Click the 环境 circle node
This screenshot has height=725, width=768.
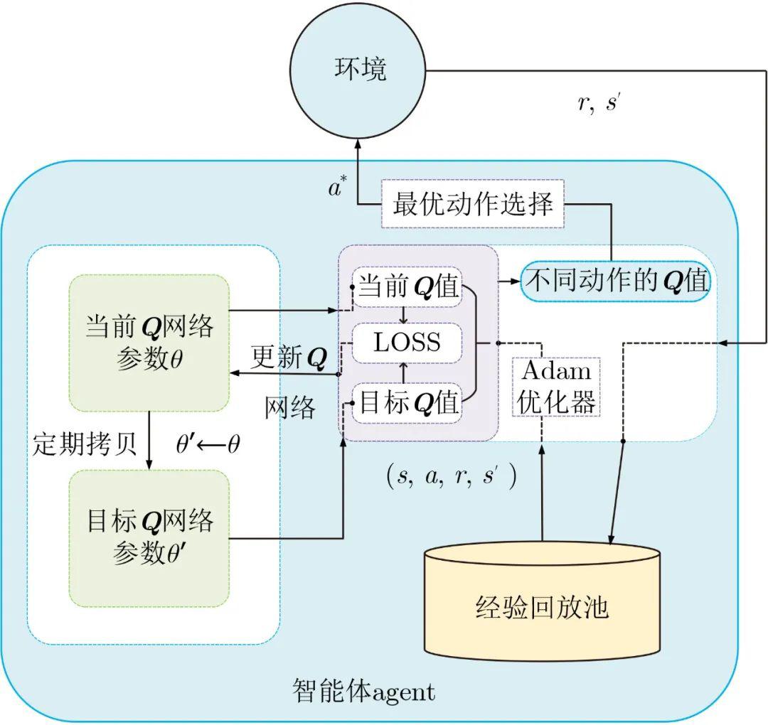[x=361, y=70]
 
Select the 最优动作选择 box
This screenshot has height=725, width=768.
[x=473, y=205]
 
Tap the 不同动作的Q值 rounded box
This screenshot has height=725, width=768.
[x=616, y=281]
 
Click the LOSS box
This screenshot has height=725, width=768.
[x=407, y=343]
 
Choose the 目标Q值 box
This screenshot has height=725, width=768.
[x=407, y=402]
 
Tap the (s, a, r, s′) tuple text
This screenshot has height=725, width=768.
[x=451, y=476]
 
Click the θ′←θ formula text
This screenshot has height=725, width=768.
[x=208, y=444]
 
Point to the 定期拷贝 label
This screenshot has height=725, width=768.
[x=84, y=444]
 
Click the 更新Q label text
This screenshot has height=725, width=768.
[x=289, y=358]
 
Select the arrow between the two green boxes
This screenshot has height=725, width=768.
[x=149, y=441]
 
